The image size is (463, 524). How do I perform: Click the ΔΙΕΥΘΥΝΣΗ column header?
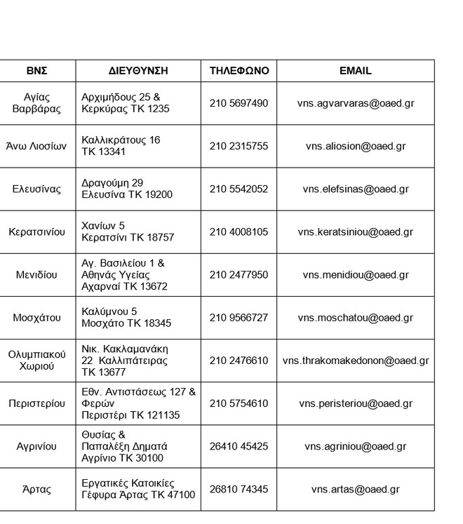click(138, 71)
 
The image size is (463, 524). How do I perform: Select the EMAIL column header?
click(355, 71)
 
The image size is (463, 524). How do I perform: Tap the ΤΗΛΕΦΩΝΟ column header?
click(239, 71)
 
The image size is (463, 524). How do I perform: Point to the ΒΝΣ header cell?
click(37, 71)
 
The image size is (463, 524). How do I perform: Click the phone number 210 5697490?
click(239, 103)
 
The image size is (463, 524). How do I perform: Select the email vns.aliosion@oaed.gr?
click(355, 147)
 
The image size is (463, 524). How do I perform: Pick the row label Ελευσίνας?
click(37, 189)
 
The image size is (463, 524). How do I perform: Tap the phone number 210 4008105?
click(239, 232)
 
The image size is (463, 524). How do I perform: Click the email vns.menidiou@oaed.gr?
click(355, 275)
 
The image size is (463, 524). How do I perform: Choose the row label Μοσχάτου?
click(37, 318)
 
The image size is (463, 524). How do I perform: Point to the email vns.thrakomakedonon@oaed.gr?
click(355, 361)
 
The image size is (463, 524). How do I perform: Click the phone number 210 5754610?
click(239, 403)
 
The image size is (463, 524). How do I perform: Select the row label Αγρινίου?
click(37, 446)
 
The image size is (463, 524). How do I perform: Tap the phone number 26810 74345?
click(239, 489)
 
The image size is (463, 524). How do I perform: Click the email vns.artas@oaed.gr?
click(355, 490)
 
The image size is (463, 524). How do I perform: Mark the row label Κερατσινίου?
click(37, 232)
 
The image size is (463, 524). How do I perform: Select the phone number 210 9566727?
click(239, 318)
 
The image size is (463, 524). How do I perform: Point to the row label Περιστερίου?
click(37, 403)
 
